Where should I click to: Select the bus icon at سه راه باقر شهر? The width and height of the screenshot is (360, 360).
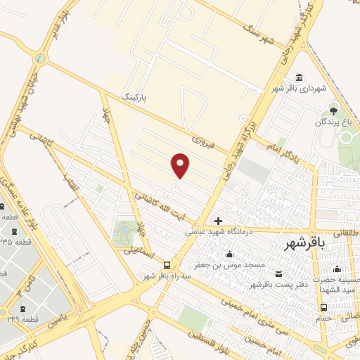pos(167,265)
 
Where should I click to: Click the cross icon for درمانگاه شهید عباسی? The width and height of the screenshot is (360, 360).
pos(218,221)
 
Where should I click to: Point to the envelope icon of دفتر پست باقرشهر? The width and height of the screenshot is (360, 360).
pos(279,273)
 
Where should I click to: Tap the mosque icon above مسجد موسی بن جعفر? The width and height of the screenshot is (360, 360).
pos(229,255)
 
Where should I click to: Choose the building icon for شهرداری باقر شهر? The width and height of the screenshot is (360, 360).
pos(300,77)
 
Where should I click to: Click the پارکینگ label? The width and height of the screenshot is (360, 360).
pos(136,96)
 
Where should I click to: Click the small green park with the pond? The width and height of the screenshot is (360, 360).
pos(126,232)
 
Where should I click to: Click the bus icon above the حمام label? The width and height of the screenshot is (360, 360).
pos(323,307)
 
